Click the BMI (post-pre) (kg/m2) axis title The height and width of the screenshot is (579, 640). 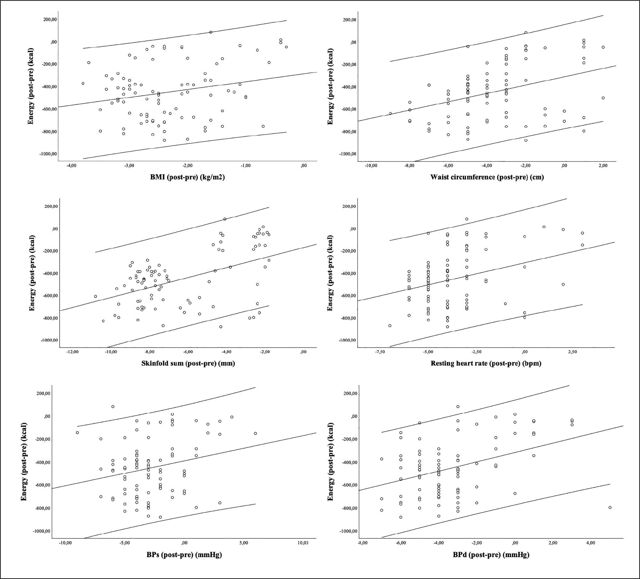click(x=187, y=177)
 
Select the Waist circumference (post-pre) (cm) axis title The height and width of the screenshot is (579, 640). click(x=487, y=177)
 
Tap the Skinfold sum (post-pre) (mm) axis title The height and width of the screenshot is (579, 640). click(x=188, y=363)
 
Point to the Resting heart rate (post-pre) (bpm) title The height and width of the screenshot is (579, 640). click(x=486, y=363)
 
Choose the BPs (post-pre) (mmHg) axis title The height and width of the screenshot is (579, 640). click(x=184, y=555)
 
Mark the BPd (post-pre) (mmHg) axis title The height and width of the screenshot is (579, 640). click(x=491, y=555)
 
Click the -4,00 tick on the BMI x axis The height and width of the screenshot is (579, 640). click(x=71, y=166)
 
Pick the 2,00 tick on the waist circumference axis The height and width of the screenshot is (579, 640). click(x=603, y=166)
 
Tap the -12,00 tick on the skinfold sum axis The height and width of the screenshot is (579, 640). click(x=72, y=352)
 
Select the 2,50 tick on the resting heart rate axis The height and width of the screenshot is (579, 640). click(x=572, y=352)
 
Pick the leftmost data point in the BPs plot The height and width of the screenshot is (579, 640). click(x=77, y=432)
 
